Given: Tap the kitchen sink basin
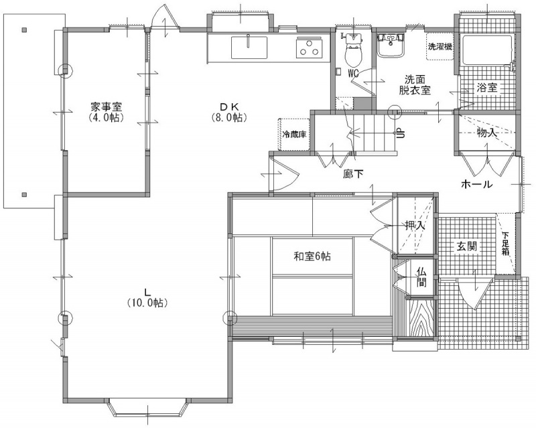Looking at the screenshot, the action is (x=249, y=48).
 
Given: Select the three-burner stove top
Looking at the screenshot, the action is (x=310, y=47).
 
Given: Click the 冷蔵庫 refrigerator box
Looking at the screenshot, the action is (x=294, y=135).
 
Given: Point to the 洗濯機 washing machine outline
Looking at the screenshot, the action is (x=440, y=46).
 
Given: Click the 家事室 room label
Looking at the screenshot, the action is (x=107, y=106).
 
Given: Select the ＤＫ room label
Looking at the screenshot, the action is (x=228, y=106).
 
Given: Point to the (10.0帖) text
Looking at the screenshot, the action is (x=147, y=303).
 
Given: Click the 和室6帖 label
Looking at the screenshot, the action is (x=312, y=256).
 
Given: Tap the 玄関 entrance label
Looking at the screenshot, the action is (x=467, y=246).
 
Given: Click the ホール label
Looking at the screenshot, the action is (x=477, y=185).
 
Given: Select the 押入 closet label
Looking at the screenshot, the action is (x=415, y=226).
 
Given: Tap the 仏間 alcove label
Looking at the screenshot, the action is (x=421, y=277).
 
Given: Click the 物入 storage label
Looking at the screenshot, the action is (x=487, y=133).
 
